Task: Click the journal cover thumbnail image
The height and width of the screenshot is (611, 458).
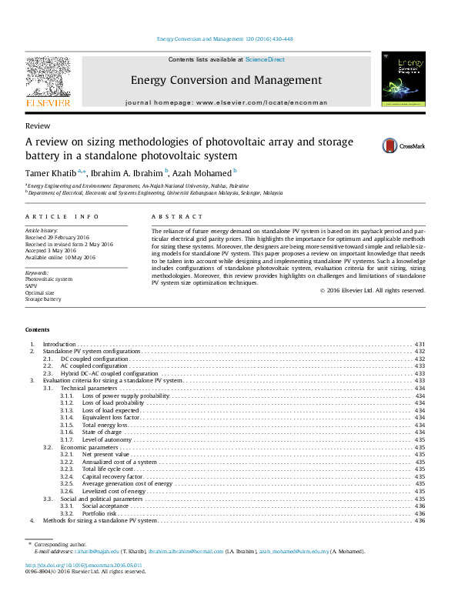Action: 403,78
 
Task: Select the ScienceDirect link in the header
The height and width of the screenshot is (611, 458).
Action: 265,59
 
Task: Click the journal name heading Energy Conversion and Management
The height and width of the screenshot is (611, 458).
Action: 226,80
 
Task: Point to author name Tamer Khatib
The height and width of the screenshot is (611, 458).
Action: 52,172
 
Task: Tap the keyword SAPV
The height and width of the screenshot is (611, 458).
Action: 32,285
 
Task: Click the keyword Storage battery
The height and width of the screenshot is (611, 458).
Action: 43,299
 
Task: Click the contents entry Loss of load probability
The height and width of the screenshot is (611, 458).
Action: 112,403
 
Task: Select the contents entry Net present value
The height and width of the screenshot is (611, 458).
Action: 105,454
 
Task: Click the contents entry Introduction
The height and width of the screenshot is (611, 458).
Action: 59,344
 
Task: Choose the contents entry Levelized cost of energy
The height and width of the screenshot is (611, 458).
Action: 114,491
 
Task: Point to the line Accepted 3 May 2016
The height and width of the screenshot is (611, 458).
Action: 51,251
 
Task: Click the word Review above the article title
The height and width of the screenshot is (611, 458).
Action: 38,125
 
